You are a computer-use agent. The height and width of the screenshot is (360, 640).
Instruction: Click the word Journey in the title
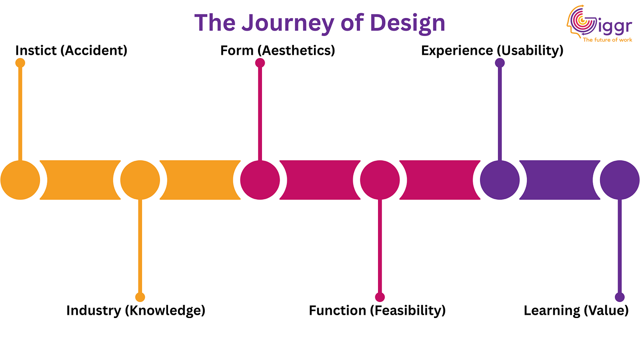coord(288,23)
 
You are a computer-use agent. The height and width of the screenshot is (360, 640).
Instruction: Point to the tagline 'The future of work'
coord(607,40)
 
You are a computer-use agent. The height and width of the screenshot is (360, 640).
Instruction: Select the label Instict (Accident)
coord(71,50)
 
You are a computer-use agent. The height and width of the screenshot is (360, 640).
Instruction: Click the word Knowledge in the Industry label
coord(165,310)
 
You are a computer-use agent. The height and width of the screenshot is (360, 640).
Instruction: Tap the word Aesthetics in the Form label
coord(296,50)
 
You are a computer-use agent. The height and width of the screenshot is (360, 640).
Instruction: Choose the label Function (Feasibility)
coord(377,310)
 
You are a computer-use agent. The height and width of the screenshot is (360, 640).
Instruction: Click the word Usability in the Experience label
coord(530,50)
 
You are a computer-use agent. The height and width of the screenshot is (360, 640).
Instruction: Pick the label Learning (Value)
coord(576,310)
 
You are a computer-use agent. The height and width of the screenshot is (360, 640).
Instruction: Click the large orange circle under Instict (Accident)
coord(20,180)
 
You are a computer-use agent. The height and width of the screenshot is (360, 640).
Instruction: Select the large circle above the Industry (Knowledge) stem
coord(140,180)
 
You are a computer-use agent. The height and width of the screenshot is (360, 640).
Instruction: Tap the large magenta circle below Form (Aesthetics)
coord(260,180)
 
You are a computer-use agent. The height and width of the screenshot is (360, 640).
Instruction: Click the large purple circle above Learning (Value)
coord(620,180)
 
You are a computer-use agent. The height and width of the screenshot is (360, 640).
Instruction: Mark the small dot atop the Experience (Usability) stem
coord(500,63)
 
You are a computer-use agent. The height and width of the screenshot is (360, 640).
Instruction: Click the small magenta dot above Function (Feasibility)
coord(380,297)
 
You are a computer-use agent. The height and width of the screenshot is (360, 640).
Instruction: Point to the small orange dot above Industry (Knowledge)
coord(140,297)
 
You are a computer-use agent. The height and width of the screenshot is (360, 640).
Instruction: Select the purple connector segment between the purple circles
coord(560,180)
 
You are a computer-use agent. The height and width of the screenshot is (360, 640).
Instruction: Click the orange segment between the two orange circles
coord(80,180)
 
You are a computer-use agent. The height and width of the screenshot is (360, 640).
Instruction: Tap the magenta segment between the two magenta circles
coord(320,180)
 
